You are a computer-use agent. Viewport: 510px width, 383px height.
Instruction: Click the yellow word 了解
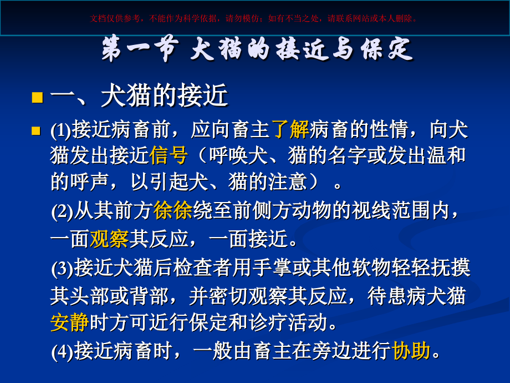290,130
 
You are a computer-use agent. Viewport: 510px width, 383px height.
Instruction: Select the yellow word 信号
169,155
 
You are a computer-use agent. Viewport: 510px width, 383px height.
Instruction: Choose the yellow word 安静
69,322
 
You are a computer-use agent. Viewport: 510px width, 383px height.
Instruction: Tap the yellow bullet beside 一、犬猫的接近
37,98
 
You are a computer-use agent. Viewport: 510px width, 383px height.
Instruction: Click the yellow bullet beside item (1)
37,131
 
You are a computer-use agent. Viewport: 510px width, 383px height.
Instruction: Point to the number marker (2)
62,211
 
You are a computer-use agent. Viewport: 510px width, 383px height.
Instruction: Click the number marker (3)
62,269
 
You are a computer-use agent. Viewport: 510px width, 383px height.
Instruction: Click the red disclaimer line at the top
254,18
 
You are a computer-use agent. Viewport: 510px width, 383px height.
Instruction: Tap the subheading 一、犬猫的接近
139,97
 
